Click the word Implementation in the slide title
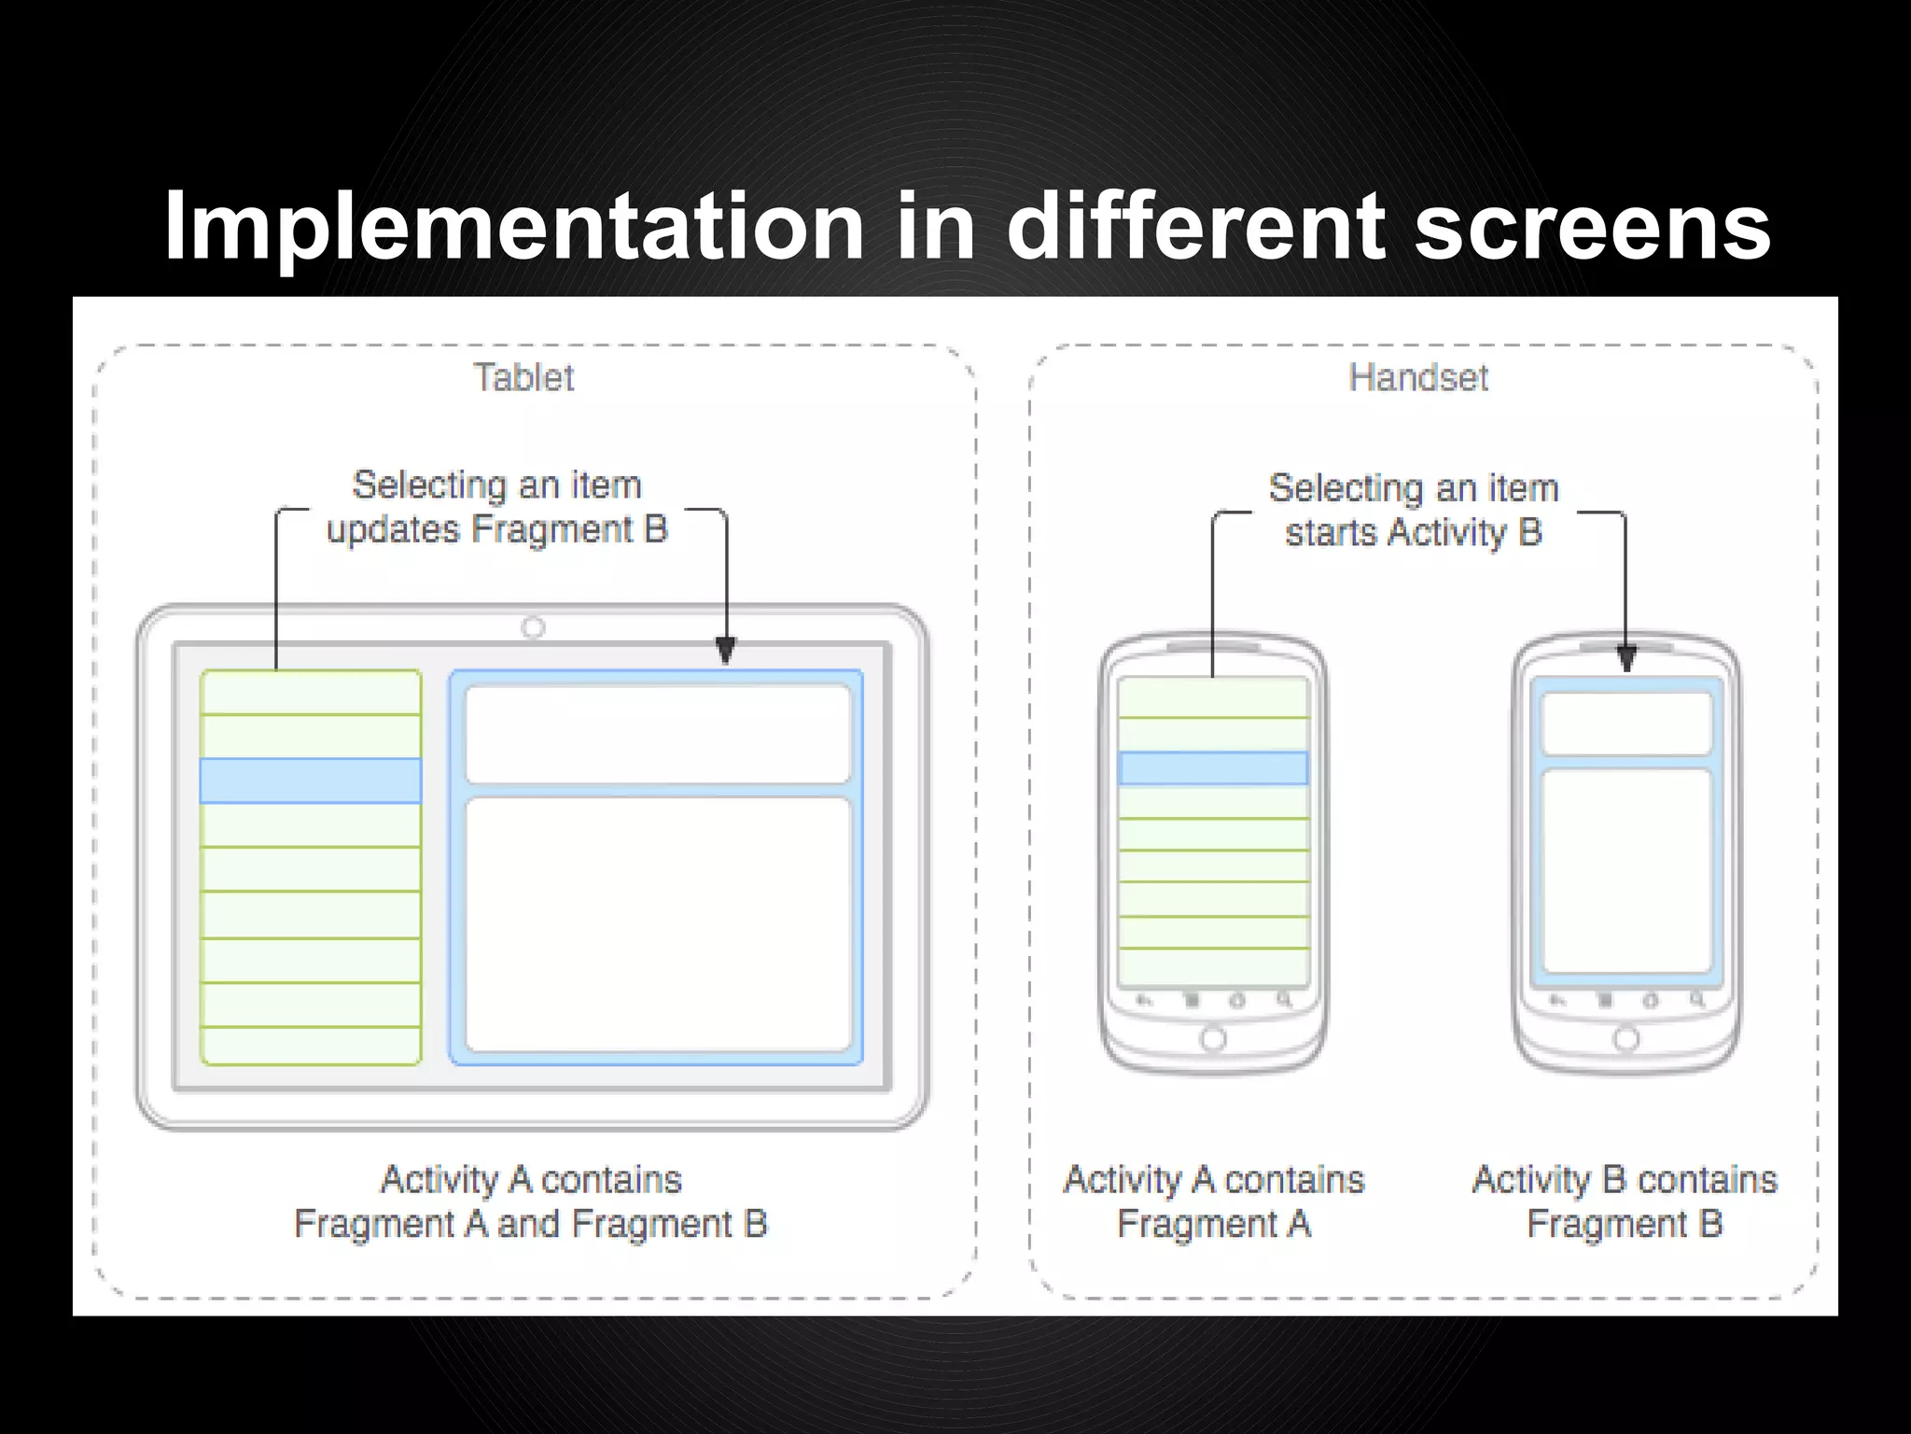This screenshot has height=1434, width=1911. click(x=513, y=227)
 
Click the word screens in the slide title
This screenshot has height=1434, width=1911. click(x=1592, y=227)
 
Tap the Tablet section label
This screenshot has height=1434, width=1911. click(x=523, y=377)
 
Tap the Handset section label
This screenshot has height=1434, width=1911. click(x=1418, y=377)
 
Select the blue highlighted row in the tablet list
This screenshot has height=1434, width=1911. click(x=311, y=780)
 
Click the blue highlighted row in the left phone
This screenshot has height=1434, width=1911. click(x=1213, y=767)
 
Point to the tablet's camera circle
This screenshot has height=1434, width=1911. click(x=533, y=627)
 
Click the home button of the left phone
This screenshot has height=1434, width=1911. click(x=1213, y=1038)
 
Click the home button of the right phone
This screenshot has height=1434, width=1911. click(x=1625, y=1038)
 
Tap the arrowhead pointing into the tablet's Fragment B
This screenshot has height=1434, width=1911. click(x=725, y=650)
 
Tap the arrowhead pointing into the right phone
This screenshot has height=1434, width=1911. click(x=1626, y=659)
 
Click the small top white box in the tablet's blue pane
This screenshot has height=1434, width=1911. click(x=658, y=734)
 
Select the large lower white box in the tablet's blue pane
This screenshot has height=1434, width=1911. click(x=658, y=924)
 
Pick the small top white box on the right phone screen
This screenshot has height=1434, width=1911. click(x=1626, y=724)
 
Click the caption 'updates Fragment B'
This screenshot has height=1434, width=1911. click(x=496, y=529)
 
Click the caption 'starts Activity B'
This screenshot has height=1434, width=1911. click(x=1413, y=532)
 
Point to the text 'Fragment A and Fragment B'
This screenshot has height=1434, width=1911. click(x=530, y=1223)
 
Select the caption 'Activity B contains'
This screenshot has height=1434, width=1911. click(x=1625, y=1179)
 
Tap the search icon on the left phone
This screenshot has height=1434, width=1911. click(x=1284, y=1001)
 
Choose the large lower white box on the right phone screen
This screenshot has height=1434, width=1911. click(x=1626, y=870)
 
